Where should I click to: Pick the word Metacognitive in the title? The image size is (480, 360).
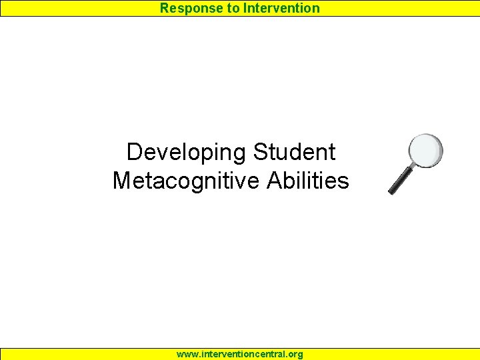(x=186, y=181)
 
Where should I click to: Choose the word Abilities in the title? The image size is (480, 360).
(x=307, y=181)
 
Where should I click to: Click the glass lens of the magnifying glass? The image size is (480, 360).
(x=425, y=151)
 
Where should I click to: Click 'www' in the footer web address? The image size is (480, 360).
(x=187, y=354)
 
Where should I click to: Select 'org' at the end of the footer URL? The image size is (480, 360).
(x=294, y=354)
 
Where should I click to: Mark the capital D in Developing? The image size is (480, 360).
(x=134, y=152)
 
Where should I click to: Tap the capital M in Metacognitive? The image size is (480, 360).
(x=122, y=181)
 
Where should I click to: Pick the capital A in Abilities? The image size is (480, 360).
(x=274, y=181)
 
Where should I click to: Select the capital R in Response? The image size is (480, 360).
(x=164, y=8)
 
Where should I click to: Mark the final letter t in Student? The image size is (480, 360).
(x=331, y=153)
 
